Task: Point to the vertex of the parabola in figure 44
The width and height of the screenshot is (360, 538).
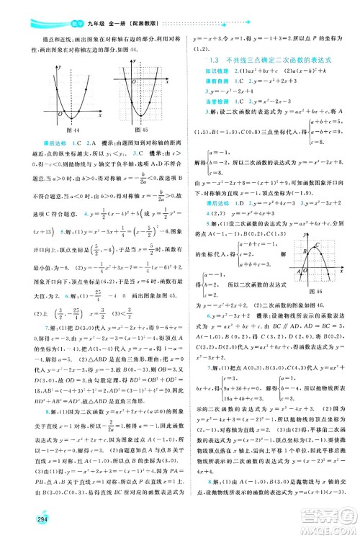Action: point(70,117)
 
